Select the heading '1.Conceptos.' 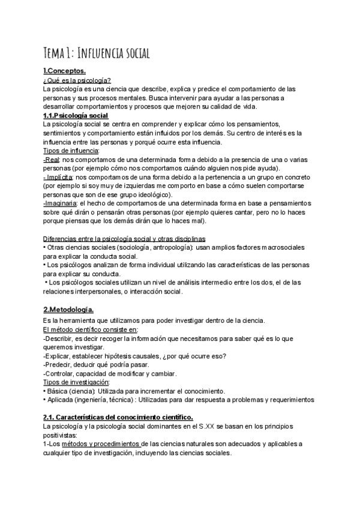click(64, 72)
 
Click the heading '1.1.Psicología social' click(76, 115)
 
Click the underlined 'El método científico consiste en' click(91, 330)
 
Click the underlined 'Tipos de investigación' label click(76, 382)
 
